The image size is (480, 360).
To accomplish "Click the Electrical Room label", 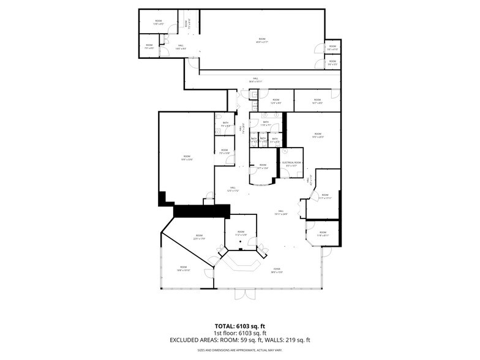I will [290, 163].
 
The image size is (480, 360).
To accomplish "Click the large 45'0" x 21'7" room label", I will [262, 40].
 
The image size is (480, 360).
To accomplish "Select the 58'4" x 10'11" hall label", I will [255, 80].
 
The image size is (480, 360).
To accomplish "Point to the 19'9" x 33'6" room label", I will [186, 158].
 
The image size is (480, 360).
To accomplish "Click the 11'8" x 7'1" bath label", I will [266, 124].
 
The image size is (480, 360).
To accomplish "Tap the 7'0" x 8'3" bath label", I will [225, 124].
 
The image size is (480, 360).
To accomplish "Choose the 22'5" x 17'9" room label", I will [199, 237].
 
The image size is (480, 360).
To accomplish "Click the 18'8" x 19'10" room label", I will [184, 268].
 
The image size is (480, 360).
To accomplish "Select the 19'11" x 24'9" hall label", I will [281, 212].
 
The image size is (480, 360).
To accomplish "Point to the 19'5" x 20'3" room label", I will [318, 135].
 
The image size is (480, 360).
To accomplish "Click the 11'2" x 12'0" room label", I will [241, 233].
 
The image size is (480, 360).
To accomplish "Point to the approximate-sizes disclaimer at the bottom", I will [239, 351].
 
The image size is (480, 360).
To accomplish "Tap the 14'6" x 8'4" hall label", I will [181, 47].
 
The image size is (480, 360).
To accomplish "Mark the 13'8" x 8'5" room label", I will [159, 23].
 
